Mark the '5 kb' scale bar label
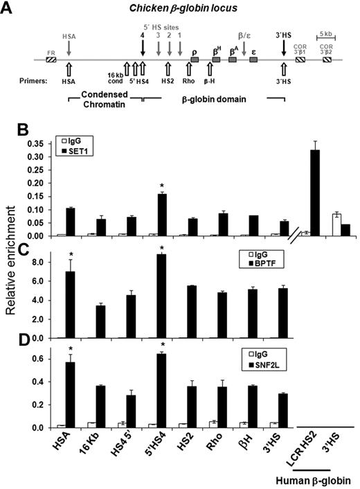[x=326, y=33]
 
